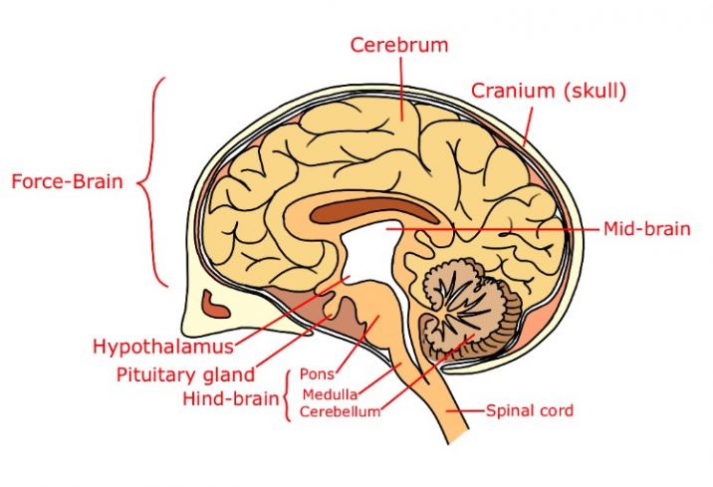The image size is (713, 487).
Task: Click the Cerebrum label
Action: tap(399, 45)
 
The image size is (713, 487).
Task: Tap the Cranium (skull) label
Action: tap(549, 91)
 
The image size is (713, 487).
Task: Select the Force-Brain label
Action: tap(68, 181)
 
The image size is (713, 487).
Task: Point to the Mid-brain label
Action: tap(646, 229)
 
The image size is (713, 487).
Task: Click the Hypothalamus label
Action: tap(163, 347)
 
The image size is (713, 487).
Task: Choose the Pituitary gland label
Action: tap(185, 375)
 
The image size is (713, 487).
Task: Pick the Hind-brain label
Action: tap(231, 398)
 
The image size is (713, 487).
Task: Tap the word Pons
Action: tap(317, 374)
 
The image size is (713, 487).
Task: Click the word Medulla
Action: tap(331, 394)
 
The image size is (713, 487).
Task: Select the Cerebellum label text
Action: tap(341, 411)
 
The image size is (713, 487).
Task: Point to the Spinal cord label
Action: tap(530, 410)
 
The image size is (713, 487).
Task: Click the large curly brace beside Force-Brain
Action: tap(152, 182)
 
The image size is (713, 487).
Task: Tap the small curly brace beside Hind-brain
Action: tap(287, 395)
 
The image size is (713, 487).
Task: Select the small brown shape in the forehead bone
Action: tap(215, 305)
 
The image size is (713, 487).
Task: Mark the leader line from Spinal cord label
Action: tap(466, 411)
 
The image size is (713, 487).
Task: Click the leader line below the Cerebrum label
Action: tap(401, 89)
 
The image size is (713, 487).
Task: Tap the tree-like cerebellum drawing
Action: tap(468, 309)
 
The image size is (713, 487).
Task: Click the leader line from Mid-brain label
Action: tap(493, 229)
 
